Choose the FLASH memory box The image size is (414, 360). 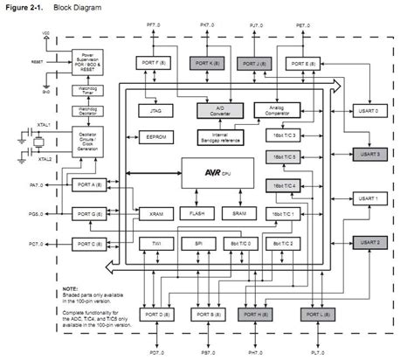point(192,213)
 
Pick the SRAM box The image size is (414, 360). point(233,213)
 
